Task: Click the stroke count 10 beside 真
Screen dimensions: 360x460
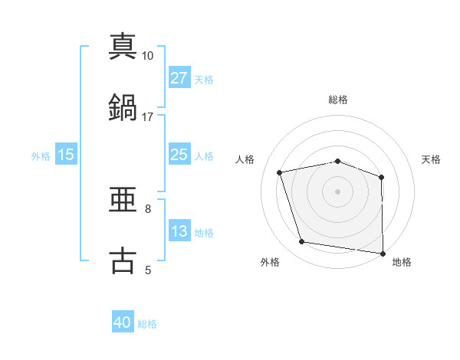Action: [x=148, y=56]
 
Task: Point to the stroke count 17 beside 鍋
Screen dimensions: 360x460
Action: [x=148, y=116]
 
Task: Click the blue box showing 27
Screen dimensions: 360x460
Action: [x=179, y=78]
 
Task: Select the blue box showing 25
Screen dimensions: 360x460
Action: [x=179, y=155]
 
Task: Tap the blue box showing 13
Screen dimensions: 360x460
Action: [x=179, y=231]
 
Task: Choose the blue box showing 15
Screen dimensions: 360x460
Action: [x=66, y=155]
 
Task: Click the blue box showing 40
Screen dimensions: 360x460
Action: [x=123, y=323]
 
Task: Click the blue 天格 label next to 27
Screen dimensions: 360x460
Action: [x=204, y=79]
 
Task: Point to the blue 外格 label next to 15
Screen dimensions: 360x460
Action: [x=41, y=155]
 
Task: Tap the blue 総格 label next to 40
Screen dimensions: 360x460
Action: [x=147, y=324]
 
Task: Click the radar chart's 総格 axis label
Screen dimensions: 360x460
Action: [x=338, y=100]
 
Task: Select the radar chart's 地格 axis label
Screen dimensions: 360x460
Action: [x=402, y=262]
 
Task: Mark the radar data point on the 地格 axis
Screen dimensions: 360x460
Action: [x=383, y=253]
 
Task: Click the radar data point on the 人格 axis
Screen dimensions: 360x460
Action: [x=280, y=172]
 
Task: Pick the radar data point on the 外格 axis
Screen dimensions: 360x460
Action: [x=302, y=242]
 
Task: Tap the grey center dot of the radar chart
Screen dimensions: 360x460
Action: [x=338, y=191]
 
